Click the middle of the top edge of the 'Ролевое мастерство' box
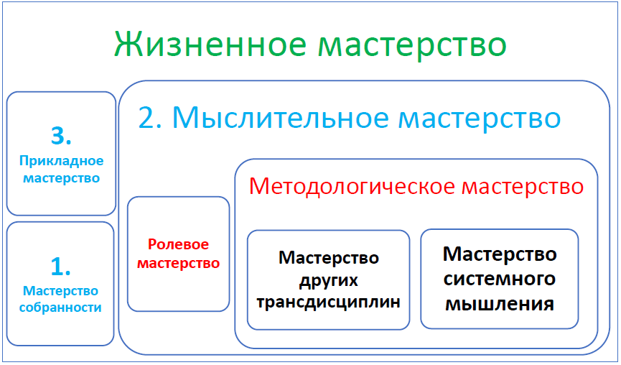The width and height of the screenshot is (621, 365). [179, 197]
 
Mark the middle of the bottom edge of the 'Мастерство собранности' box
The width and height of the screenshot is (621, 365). [60, 345]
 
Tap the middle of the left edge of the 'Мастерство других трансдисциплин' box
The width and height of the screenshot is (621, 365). [248, 279]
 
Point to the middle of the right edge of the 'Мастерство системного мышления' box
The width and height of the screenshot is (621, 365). [578, 279]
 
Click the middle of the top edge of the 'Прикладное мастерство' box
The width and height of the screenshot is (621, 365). [62, 93]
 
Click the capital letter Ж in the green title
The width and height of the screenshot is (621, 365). [129, 44]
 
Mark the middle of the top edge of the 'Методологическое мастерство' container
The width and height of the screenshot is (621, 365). [416, 160]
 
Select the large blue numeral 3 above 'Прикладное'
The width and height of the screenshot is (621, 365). [62, 136]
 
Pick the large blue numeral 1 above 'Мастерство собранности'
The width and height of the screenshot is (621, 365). [60, 266]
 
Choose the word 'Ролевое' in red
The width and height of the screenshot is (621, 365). [178, 244]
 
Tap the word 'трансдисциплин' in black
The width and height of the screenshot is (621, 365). [328, 302]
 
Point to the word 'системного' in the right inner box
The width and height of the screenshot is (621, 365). [500, 279]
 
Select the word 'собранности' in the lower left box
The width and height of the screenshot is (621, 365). [60, 308]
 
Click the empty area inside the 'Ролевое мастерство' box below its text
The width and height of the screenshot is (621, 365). [179, 290]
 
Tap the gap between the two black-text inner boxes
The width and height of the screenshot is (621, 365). [415, 279]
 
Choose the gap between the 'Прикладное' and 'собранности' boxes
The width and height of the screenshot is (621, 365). [61, 218]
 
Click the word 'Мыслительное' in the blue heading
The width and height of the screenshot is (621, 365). [281, 118]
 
